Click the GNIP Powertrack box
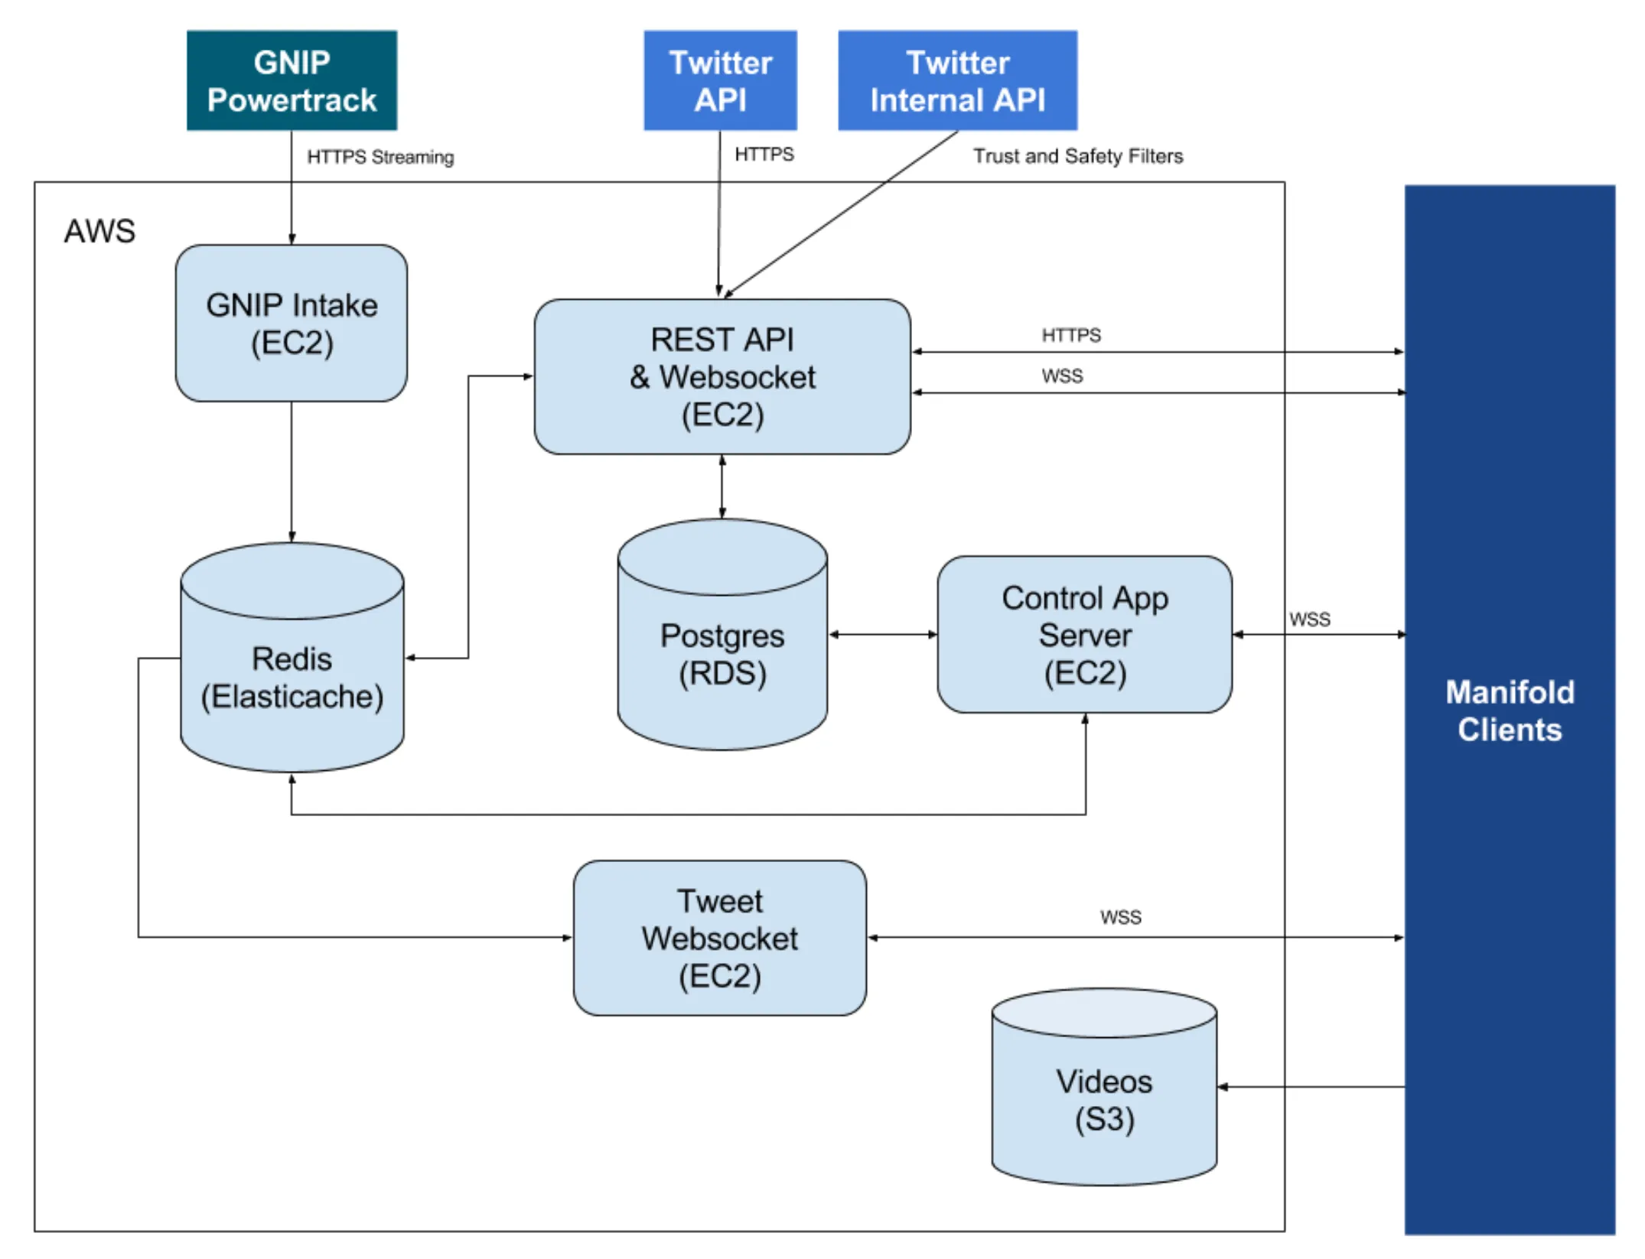(x=292, y=80)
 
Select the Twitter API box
(x=720, y=80)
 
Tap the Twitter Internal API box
(x=957, y=80)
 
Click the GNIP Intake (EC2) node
(x=292, y=323)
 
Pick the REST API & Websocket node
(x=722, y=376)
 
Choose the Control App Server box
(x=1084, y=635)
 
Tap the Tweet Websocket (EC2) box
(x=719, y=938)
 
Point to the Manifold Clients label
(x=1509, y=711)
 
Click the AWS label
(x=99, y=231)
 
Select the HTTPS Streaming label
(x=380, y=157)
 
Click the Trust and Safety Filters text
(x=1077, y=156)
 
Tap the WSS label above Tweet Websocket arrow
(x=1120, y=917)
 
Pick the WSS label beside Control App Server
(x=1309, y=619)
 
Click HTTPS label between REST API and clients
(x=1070, y=335)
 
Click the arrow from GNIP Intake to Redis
(x=292, y=470)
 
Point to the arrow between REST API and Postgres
(x=722, y=486)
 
